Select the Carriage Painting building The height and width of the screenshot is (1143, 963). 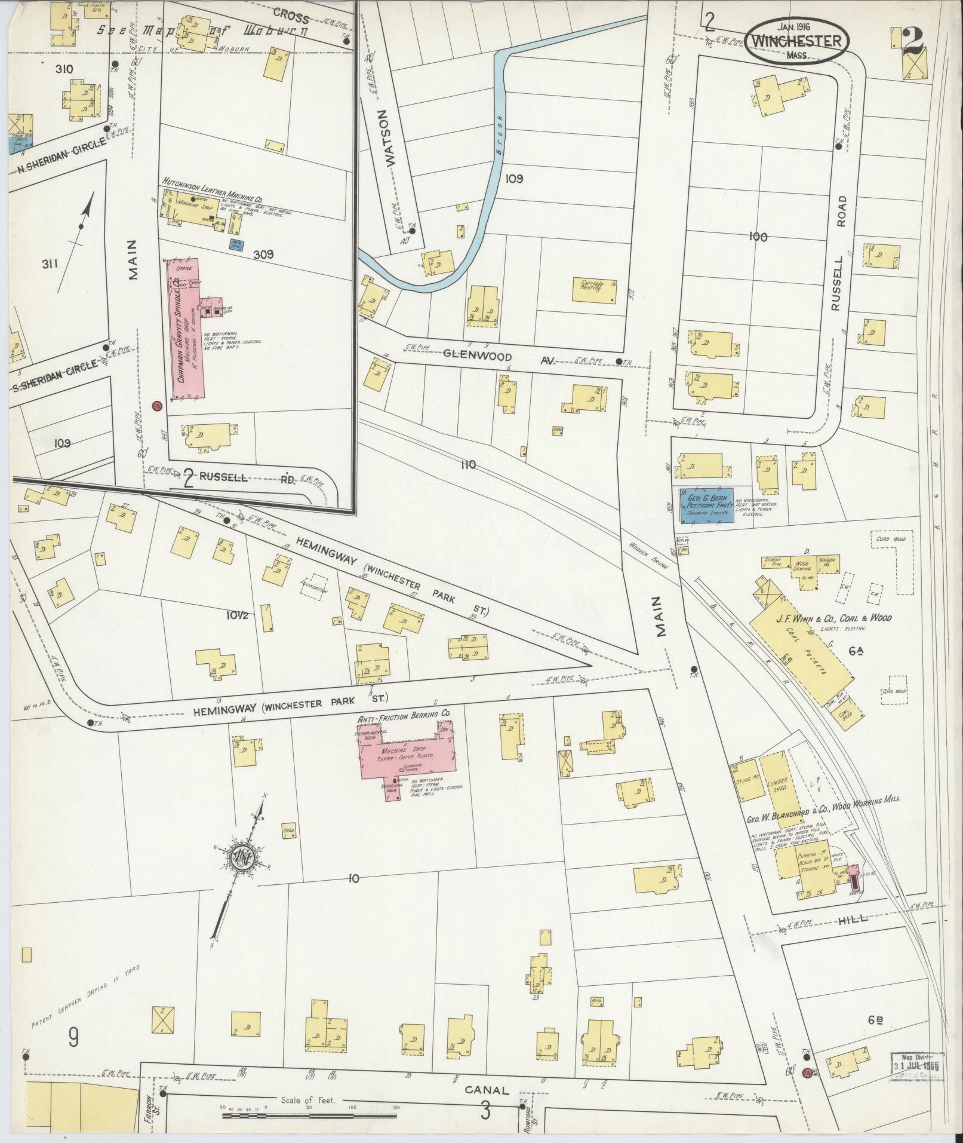595,289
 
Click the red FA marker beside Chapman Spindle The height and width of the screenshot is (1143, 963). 157,406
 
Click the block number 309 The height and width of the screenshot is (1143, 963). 262,255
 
